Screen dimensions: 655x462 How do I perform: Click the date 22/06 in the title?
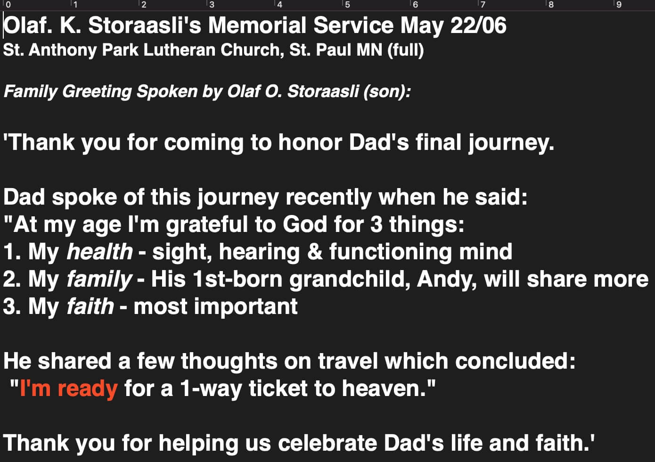tap(478, 25)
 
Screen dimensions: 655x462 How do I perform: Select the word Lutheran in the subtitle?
tap(179, 50)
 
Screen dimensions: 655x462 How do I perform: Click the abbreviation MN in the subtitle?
tap(369, 50)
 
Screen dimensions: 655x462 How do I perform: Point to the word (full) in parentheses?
tap(406, 50)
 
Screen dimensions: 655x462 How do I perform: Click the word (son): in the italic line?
tap(387, 91)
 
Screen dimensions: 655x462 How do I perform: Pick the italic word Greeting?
tap(97, 92)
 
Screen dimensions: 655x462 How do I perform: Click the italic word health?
tap(100, 251)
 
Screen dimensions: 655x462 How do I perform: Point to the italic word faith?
tap(90, 306)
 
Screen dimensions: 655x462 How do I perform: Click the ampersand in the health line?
tap(315, 252)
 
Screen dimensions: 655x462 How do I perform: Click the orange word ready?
tap(88, 389)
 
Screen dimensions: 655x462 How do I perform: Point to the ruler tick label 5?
tap(347, 4)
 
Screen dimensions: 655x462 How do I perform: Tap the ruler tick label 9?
tap(619, 4)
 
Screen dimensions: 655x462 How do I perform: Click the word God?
tap(305, 224)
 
